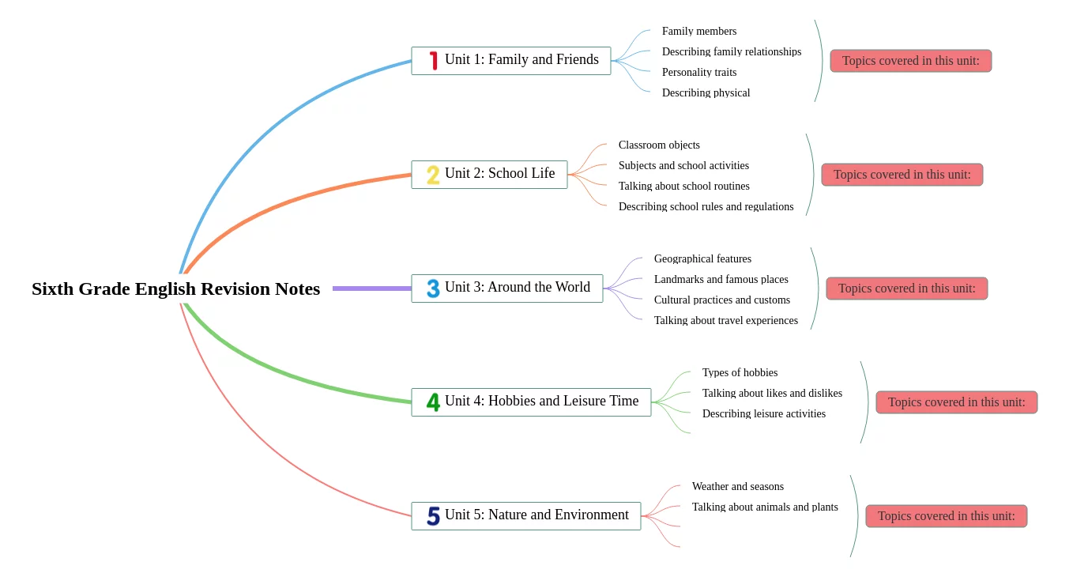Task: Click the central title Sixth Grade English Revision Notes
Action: [x=175, y=289]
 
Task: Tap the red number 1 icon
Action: [x=434, y=60]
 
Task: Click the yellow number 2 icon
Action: [x=433, y=175]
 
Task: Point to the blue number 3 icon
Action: [x=433, y=288]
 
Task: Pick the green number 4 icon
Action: [x=433, y=402]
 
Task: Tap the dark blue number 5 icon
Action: [x=433, y=516]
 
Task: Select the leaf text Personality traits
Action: [x=699, y=73]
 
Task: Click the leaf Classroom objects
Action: [x=659, y=145]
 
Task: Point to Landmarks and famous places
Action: [x=721, y=280]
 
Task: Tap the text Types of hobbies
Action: [x=740, y=373]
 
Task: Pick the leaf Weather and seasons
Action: [x=738, y=487]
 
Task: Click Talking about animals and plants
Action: [x=765, y=507]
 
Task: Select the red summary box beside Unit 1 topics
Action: [x=910, y=61]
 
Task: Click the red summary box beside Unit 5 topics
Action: [x=946, y=516]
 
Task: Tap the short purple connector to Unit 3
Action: [x=371, y=288]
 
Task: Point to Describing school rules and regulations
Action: [x=706, y=207]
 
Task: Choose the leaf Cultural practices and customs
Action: [x=721, y=300]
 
